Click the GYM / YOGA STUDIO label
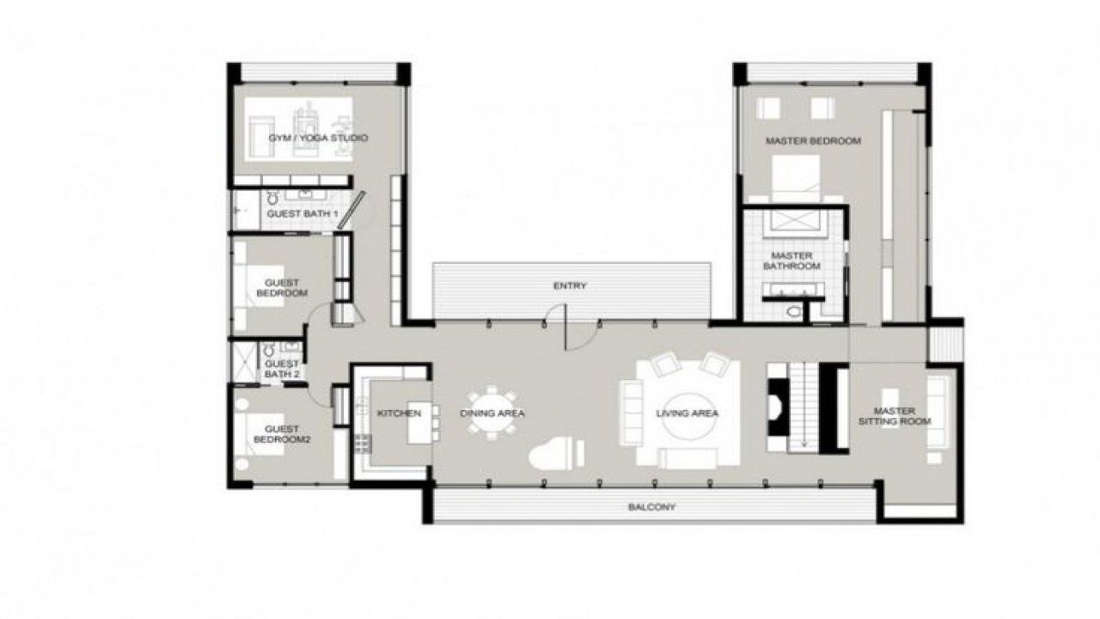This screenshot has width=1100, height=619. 318,138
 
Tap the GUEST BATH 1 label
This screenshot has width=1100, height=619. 302,214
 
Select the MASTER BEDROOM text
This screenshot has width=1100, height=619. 813,140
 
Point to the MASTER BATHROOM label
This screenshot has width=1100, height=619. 791,260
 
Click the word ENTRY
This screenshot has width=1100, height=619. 570,285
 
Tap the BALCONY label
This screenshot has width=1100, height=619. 651,506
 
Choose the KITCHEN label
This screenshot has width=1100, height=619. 399,414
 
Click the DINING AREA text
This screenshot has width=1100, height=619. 492,414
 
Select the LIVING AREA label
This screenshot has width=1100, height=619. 687,414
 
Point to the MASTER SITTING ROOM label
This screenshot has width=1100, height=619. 895,415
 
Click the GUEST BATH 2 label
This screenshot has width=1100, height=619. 282,369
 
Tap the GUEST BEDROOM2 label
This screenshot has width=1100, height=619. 282,434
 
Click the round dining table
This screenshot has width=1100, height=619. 492,413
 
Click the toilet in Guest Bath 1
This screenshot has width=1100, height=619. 272,198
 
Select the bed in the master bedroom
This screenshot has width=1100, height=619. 796,179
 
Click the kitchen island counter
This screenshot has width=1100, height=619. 420,423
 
